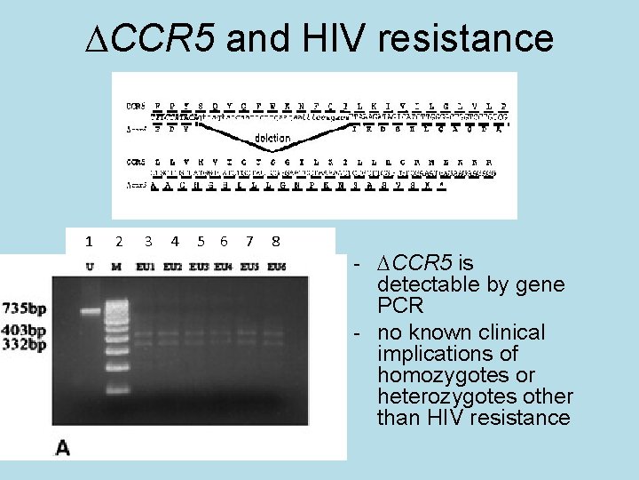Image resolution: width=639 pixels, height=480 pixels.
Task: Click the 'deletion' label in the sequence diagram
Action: pyautogui.click(x=272, y=138)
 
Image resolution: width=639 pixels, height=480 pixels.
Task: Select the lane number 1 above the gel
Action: pyautogui.click(x=89, y=241)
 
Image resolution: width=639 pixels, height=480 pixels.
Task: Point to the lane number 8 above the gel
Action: pyautogui.click(x=276, y=241)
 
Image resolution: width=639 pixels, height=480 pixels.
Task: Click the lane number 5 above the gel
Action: pyautogui.click(x=201, y=241)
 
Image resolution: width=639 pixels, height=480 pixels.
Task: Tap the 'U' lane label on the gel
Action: pyautogui.click(x=90, y=266)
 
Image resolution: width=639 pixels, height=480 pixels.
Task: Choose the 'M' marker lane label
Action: pyautogui.click(x=116, y=266)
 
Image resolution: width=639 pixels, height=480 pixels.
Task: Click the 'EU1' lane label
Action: pyautogui.click(x=146, y=266)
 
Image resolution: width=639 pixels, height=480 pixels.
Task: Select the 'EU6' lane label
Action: pyautogui.click(x=276, y=266)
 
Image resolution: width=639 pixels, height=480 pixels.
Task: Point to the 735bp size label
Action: pyautogui.click(x=25, y=309)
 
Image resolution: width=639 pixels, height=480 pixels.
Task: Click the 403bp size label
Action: pyautogui.click(x=25, y=331)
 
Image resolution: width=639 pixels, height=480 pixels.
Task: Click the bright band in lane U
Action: pyautogui.click(x=90, y=311)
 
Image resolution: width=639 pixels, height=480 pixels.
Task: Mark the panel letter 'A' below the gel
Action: pyautogui.click(x=63, y=447)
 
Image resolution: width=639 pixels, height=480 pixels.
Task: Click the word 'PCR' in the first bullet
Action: pyautogui.click(x=401, y=306)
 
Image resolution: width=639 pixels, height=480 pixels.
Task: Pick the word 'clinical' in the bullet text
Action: pyautogui.click(x=505, y=332)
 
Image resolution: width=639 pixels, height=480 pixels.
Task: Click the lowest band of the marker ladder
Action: pyautogui.click(x=116, y=389)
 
